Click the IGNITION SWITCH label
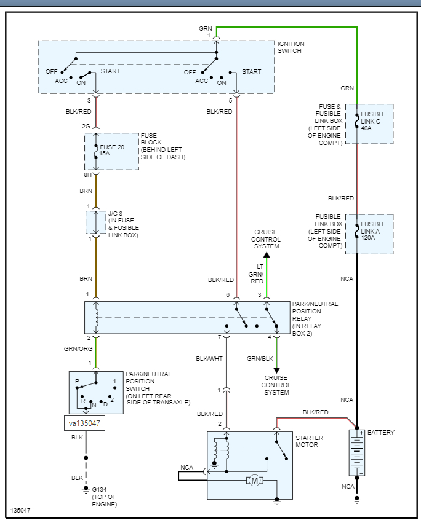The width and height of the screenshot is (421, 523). [x=291, y=48]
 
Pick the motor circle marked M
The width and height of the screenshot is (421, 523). [x=254, y=480]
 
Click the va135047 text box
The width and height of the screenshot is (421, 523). [x=84, y=423]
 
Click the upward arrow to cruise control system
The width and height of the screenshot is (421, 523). [x=267, y=254]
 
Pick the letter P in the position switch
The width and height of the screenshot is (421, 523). [x=77, y=381]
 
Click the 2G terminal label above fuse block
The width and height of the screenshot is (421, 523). [x=87, y=127]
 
